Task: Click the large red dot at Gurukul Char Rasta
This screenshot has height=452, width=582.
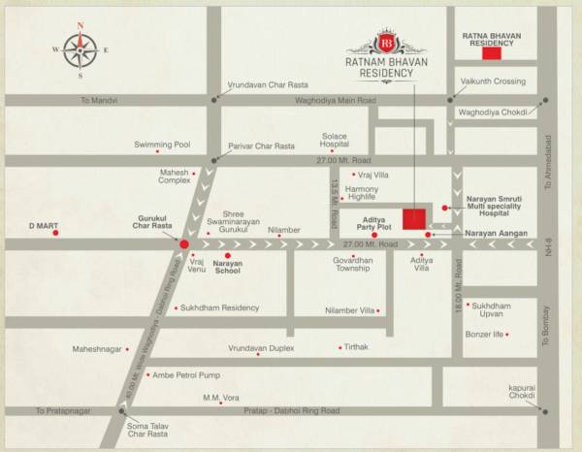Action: coord(184,244)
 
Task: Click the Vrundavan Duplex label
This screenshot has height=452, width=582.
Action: coord(261,346)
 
